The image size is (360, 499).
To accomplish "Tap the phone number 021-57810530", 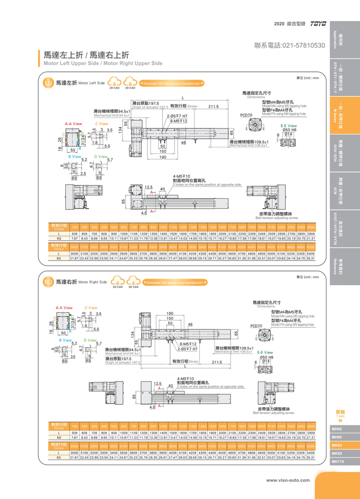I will pyautogui.click(x=289, y=45).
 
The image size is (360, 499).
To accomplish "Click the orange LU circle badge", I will pyautogui.click(x=48, y=83).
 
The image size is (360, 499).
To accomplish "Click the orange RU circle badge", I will pyautogui.click(x=48, y=282).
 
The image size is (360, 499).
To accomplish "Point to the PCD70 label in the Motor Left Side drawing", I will pyautogui.click(x=246, y=115).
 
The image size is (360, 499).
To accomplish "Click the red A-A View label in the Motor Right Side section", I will pyautogui.click(x=65, y=307).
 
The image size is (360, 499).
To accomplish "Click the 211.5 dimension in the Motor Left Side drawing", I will pyautogui.click(x=214, y=106).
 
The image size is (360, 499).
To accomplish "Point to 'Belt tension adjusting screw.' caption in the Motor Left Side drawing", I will pyautogui.click(x=277, y=218).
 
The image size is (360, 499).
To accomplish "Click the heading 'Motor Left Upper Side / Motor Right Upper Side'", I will pyautogui.click(x=103, y=63).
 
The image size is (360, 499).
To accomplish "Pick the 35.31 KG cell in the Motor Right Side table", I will pyautogui.click(x=311, y=457).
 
